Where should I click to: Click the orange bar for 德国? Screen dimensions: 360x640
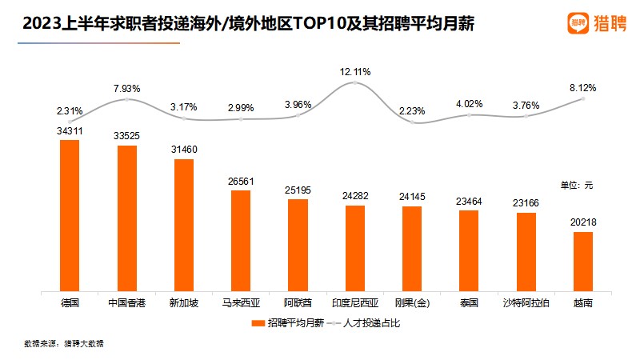coord(70,214)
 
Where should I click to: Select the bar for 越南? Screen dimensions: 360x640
coord(583,261)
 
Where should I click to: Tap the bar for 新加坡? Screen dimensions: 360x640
coord(184,224)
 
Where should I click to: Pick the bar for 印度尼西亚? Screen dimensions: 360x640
coord(354,247)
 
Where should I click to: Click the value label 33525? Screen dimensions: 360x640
coord(126,136)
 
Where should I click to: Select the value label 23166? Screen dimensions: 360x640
coord(526,204)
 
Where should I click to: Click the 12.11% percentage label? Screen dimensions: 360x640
coord(354,71)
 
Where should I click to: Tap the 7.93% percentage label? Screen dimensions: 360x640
coord(126,87)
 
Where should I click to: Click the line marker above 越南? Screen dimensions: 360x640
coord(583,98)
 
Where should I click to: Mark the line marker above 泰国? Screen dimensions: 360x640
coord(469,114)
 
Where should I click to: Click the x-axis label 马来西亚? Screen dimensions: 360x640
coord(241,303)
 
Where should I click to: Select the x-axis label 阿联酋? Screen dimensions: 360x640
coord(298,303)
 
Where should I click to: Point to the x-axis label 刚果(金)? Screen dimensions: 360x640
coord(412,303)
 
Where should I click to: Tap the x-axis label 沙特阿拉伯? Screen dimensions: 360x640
coord(526,303)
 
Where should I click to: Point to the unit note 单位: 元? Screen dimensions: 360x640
coord(576,185)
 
